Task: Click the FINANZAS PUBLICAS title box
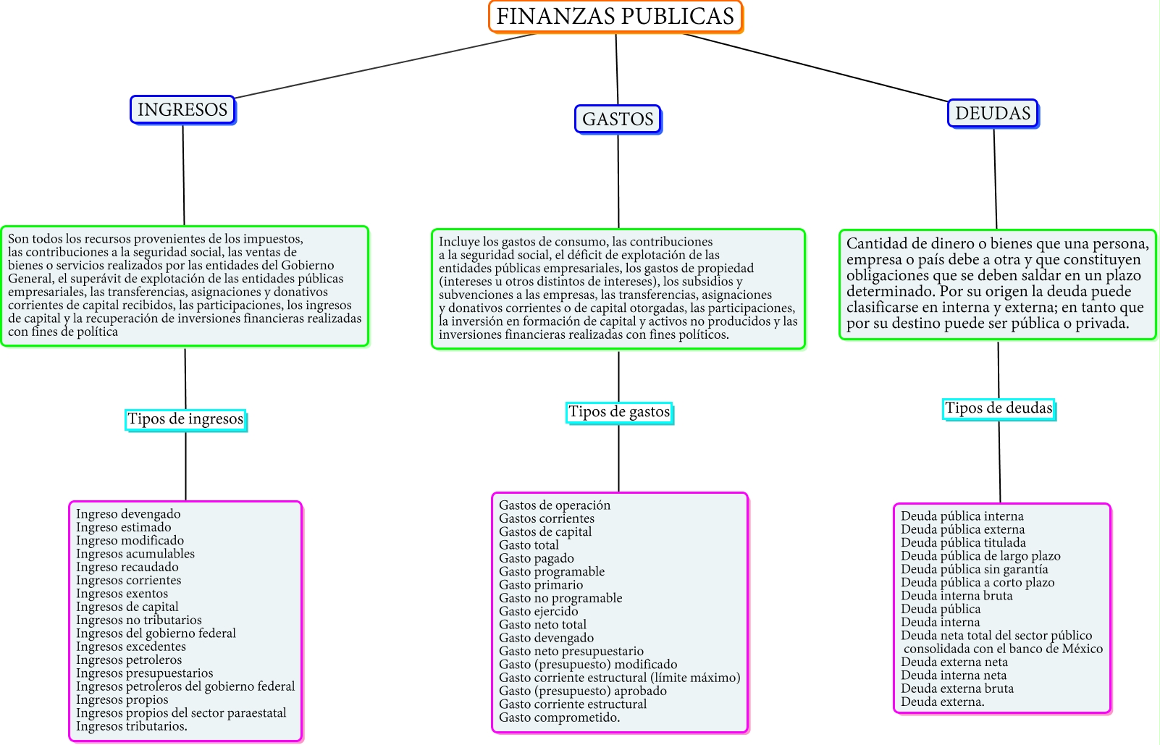[615, 17]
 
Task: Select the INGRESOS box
[182, 110]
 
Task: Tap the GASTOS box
[618, 119]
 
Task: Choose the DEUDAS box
[993, 114]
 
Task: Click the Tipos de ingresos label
[185, 419]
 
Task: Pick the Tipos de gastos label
[619, 412]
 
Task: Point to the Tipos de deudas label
[999, 408]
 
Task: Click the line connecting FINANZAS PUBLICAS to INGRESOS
[384, 66]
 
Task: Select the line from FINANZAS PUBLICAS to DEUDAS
[815, 67]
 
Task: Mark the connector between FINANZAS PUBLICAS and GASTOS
[617, 69]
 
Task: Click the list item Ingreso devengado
[128, 514]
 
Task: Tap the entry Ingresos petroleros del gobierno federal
[185, 686]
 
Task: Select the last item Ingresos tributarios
[131, 726]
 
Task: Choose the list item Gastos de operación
[555, 505]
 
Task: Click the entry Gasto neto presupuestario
[571, 651]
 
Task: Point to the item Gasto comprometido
[559, 717]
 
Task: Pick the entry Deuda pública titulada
[963, 542]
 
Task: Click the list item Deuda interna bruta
[957, 596]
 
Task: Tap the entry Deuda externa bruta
[957, 689]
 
